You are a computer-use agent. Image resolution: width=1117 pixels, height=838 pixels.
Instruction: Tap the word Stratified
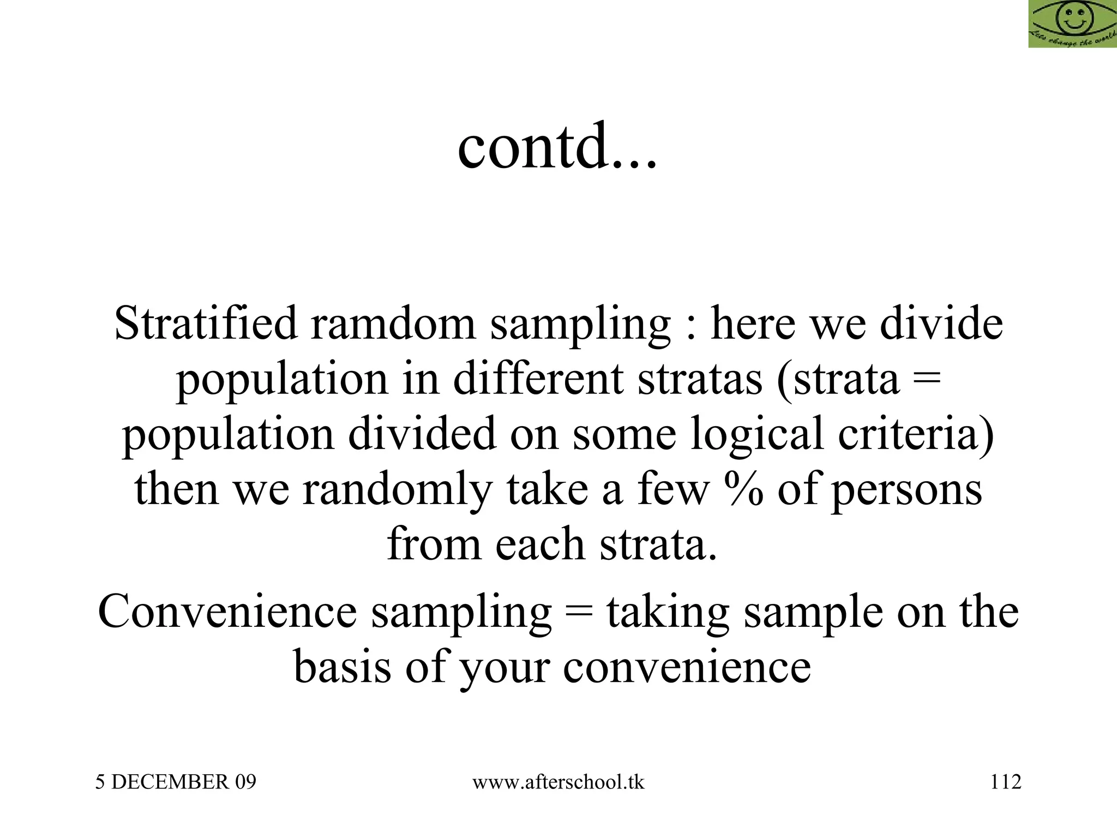206,324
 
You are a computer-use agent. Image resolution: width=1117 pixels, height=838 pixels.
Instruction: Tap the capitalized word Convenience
227,612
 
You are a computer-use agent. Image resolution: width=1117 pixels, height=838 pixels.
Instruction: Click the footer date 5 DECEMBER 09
176,782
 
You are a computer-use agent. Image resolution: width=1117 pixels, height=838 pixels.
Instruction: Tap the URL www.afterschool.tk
558,782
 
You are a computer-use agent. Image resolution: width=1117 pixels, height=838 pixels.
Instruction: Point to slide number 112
1006,782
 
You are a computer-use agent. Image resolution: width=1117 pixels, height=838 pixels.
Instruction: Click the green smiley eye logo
1072,24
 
